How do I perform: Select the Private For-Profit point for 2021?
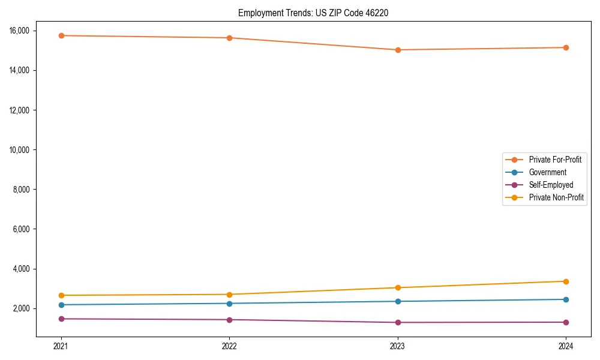pos(61,35)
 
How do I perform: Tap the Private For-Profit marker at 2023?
pos(398,50)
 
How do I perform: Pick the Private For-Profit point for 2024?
pos(566,47)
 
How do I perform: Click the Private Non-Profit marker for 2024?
pos(566,281)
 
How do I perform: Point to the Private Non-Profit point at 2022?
pos(229,295)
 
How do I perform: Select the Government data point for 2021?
pos(61,305)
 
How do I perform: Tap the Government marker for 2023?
pos(398,301)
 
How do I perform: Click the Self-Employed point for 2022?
pos(229,320)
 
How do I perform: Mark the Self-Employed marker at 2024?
pos(566,322)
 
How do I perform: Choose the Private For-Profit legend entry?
pos(554,160)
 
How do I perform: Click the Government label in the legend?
pos(547,172)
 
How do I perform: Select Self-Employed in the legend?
pos(551,185)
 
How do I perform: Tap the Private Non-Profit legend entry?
pos(556,197)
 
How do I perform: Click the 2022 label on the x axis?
pos(229,346)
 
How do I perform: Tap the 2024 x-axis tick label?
pos(566,346)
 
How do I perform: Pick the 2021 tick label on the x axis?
pos(61,346)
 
